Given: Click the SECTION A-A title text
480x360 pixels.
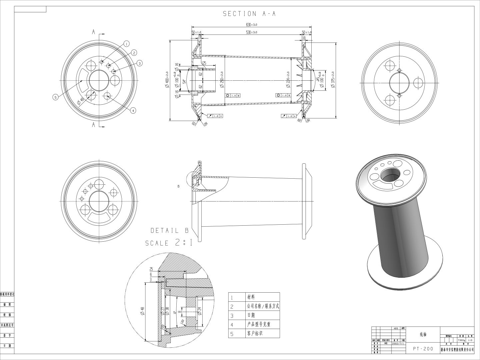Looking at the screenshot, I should pos(249,14).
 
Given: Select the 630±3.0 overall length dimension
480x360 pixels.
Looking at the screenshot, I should pos(252,25).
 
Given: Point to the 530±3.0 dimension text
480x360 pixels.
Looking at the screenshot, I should pos(252,32).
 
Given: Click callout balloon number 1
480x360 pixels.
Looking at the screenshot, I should pos(126,44).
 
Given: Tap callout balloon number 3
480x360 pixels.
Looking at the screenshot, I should pos(139,63).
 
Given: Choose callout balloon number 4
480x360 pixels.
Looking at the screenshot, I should pos(133,110).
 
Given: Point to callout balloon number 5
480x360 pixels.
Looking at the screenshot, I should pos(55,97).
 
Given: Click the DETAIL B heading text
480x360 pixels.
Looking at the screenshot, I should pos(169,230).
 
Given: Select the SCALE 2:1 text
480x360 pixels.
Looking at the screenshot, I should pos(169,243).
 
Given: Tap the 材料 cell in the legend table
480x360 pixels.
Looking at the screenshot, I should pos(251,297).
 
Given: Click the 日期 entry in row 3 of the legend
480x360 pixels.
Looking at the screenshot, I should pos(251,315).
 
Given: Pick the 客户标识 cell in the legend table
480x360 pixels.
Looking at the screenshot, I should pos(255,333).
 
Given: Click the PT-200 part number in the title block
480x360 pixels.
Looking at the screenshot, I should pos(423,349).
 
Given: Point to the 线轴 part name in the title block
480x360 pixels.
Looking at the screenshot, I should pos(423,334).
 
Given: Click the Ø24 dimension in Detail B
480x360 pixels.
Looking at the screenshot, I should pos(200,311).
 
